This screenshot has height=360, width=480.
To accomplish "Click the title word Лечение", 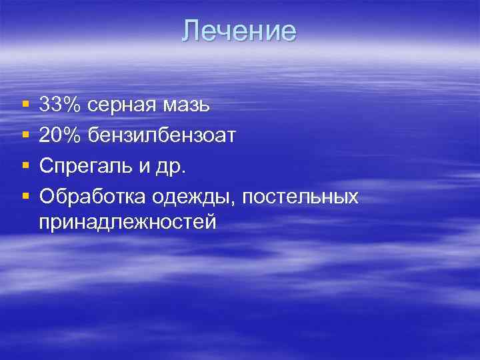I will pos(239,31).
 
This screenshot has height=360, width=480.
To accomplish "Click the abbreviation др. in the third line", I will pos(175,167).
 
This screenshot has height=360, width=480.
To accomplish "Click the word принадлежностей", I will pos(128,221).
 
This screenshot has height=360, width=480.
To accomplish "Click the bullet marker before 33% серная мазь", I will pos(25,105).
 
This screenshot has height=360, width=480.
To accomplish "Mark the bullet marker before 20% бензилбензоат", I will pos(25,136).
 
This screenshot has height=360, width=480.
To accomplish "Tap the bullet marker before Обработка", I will pos(25,197).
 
